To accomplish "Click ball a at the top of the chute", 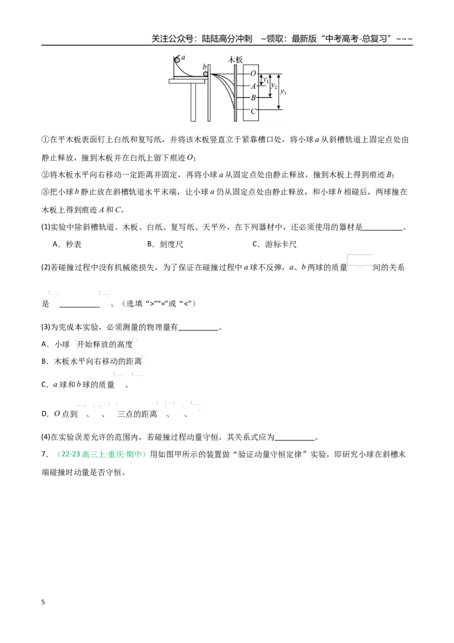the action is [178, 60].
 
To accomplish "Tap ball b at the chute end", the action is [205, 74].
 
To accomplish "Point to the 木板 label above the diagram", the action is [235, 60].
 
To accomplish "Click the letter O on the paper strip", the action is [253, 74].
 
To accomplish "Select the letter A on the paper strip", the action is [253, 86].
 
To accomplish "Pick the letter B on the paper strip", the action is [253, 98].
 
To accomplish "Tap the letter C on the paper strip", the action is [253, 111].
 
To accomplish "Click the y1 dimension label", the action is [266, 80].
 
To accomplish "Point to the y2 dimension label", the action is [274, 86].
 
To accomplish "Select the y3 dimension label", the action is [283, 92].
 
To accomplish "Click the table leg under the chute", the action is [194, 102].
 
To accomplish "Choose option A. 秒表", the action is [67, 244].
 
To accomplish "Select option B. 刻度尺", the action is [165, 244].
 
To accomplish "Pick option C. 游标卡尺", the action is [275, 244].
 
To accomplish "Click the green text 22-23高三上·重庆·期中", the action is [101, 454].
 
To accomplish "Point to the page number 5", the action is [43, 602].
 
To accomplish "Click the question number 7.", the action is [44, 454].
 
